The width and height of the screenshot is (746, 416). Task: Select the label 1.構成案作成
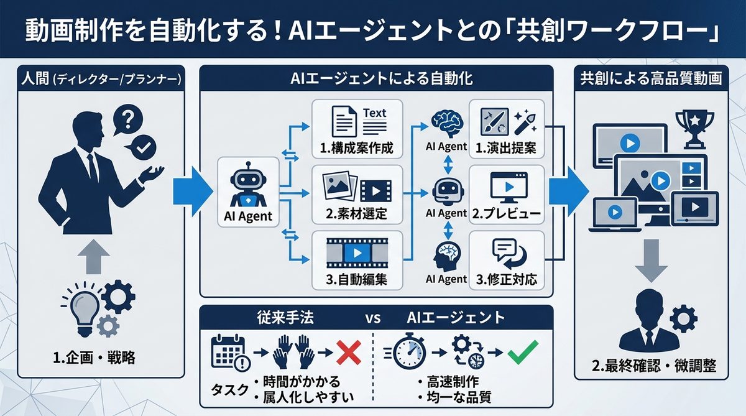356,149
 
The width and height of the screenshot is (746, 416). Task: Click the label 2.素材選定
356,215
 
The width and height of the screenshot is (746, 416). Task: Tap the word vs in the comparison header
372,318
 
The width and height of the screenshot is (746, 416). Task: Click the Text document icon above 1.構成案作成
356,121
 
